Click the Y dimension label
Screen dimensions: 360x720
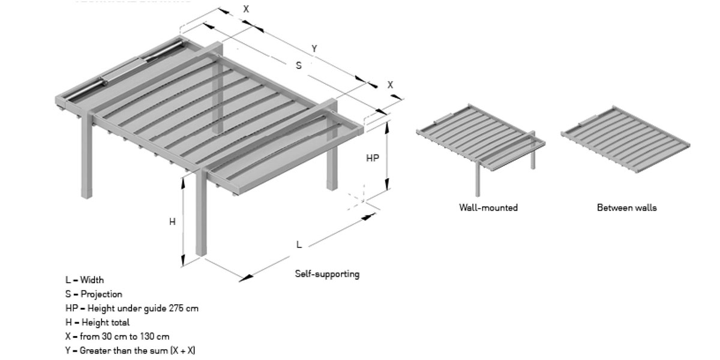314,49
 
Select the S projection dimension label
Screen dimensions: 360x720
299,65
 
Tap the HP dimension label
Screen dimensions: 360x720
373,158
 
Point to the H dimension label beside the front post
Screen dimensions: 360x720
172,221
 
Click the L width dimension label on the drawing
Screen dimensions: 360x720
299,244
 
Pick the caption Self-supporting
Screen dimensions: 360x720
327,274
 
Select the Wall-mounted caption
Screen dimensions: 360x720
488,208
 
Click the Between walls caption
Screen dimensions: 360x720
626,208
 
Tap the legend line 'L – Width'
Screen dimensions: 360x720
85,280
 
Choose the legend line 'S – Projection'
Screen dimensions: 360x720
94,294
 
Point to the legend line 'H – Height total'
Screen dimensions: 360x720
97,322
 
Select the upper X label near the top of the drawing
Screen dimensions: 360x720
246,9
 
